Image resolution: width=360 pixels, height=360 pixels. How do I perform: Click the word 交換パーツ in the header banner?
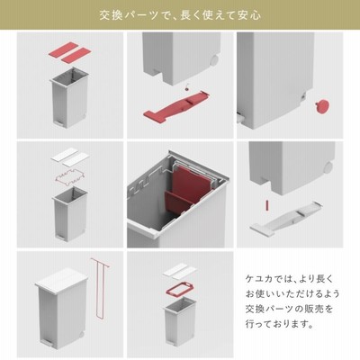(x=129, y=15)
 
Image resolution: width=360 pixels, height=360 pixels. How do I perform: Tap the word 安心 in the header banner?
(x=250, y=15)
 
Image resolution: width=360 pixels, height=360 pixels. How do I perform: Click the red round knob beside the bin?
(x=321, y=106)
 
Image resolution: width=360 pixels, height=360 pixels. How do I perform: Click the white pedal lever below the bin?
(x=286, y=217)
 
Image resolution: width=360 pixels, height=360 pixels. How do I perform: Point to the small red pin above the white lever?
(x=267, y=204)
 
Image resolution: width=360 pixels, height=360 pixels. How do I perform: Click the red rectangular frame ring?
(x=179, y=289)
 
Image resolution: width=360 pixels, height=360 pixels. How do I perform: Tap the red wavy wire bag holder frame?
(x=70, y=178)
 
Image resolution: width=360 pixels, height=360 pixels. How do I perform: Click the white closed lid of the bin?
(x=61, y=278)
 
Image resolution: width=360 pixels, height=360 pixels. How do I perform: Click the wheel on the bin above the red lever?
(x=213, y=60)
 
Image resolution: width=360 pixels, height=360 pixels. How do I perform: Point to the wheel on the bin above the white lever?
(x=328, y=166)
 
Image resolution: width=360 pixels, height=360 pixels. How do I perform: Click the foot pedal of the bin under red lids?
(x=59, y=122)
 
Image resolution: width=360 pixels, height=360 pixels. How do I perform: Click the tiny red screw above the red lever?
(x=187, y=86)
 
